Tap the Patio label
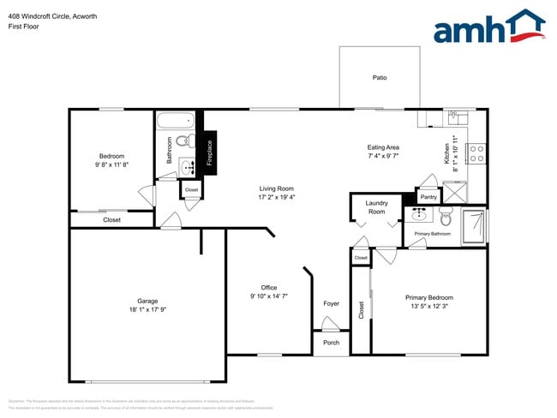[x=380, y=78]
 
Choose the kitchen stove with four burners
[x=477, y=154]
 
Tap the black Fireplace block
[x=207, y=153]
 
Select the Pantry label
[x=428, y=197]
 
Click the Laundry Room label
[x=377, y=207]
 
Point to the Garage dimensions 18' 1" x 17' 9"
[x=147, y=310]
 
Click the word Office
[x=269, y=288]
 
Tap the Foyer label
[x=331, y=304]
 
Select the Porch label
[x=331, y=342]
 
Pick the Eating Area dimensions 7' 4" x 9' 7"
[x=383, y=156]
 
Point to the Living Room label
[x=277, y=188]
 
